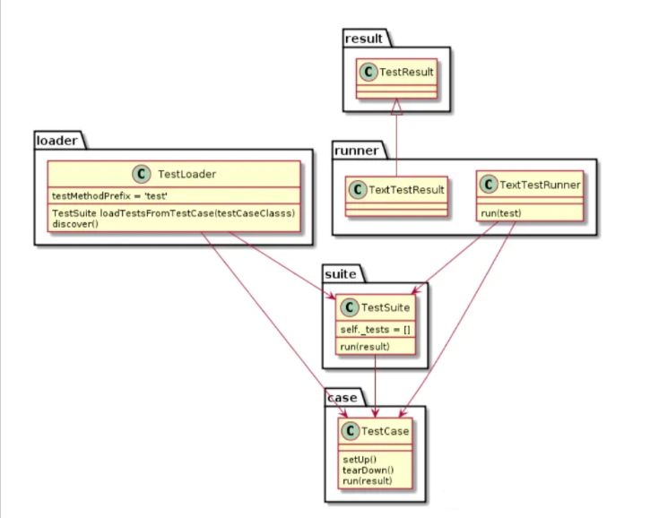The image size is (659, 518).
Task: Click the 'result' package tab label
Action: [363, 38]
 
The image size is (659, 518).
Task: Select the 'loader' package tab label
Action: [56, 140]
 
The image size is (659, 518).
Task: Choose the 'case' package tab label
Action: [343, 397]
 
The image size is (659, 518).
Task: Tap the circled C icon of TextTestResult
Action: [357, 189]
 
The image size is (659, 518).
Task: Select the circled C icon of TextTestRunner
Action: [488, 185]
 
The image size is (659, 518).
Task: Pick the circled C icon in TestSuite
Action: [348, 307]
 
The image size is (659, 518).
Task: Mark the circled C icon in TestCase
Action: [349, 431]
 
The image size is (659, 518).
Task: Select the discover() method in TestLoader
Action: [75, 223]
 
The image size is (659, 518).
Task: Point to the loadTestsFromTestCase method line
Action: [174, 213]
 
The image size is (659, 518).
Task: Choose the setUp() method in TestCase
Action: [359, 460]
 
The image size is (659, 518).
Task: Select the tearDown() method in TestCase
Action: [367, 471]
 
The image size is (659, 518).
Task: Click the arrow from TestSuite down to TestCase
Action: [375, 385]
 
